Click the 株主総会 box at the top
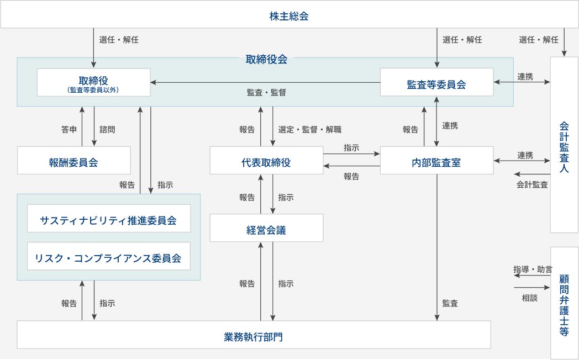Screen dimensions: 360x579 (x=289, y=16)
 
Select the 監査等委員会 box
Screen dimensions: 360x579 (x=436, y=84)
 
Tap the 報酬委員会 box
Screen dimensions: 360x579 (x=73, y=162)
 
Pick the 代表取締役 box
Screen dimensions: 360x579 (x=266, y=162)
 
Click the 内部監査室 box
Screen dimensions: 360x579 (x=436, y=162)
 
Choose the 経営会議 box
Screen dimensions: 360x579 (x=266, y=230)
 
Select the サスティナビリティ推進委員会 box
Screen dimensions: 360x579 (x=108, y=220)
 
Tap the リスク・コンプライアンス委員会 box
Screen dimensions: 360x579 (x=108, y=258)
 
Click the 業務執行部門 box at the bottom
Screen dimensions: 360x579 (x=254, y=336)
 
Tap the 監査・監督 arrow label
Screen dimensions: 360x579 (x=266, y=93)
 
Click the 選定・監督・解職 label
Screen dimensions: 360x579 (x=310, y=130)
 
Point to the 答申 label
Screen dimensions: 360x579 (x=69, y=130)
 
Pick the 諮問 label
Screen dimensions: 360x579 (x=107, y=130)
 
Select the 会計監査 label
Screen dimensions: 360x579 (x=532, y=185)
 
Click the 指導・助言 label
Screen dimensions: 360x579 (x=532, y=270)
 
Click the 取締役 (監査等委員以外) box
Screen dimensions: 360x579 (x=93, y=82)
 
